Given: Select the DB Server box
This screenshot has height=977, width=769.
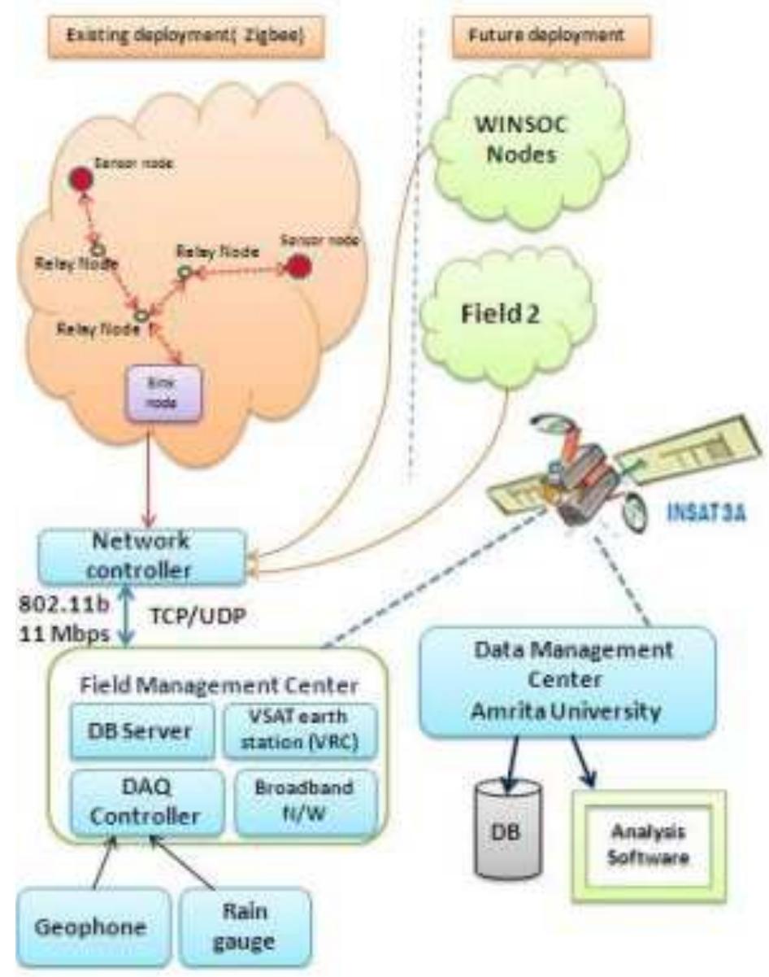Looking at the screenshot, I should (x=140, y=730).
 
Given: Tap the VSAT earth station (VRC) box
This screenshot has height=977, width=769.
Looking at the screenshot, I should (x=300, y=730).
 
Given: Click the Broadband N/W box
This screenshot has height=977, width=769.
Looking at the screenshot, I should (x=305, y=801).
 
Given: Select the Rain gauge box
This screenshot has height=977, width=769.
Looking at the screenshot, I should (x=245, y=923).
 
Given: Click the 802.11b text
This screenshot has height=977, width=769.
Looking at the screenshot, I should (x=58, y=605).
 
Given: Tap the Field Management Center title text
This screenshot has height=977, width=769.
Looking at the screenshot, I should (x=218, y=685).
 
